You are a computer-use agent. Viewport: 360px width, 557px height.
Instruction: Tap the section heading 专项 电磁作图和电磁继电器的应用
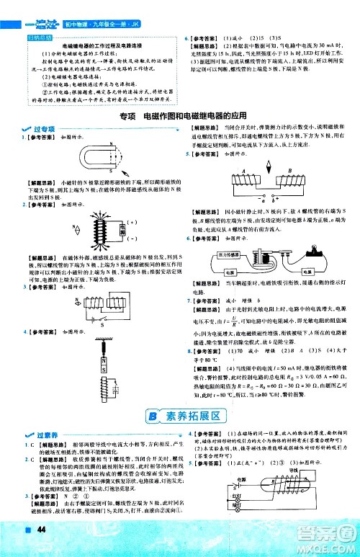point(179,117)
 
